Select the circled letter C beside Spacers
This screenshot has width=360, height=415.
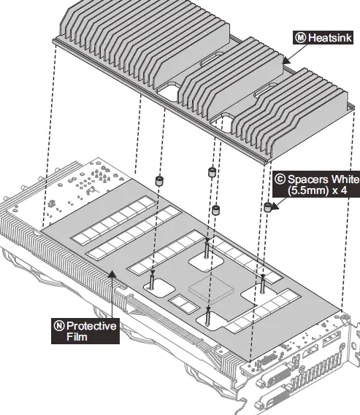279,177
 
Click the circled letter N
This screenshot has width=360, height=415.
58,325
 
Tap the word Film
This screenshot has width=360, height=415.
77,337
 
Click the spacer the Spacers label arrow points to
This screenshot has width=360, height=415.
268,208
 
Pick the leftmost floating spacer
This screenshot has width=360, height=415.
157,180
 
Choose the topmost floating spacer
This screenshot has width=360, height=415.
212,172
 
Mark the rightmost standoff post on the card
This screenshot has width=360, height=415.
261,285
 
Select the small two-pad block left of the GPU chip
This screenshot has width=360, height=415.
179,300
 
